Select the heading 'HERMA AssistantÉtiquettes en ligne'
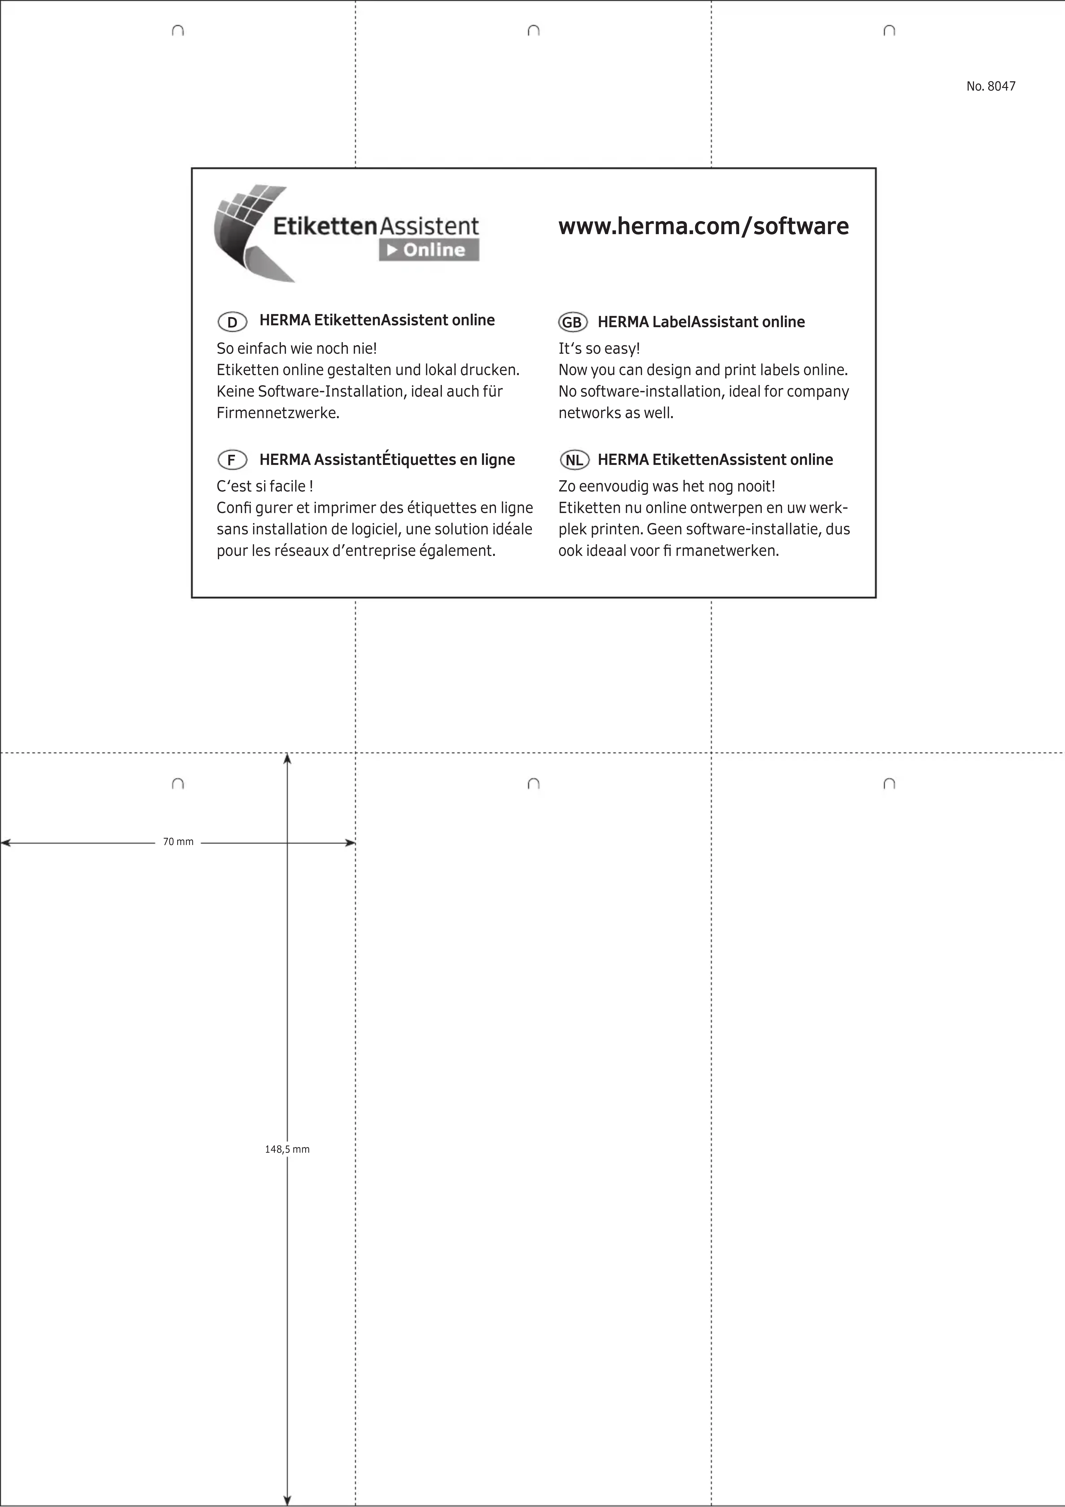coord(387,459)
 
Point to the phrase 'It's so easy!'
coord(599,348)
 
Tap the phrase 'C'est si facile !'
coord(265,486)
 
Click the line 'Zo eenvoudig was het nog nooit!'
coord(666,486)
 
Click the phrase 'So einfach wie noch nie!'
coord(297,348)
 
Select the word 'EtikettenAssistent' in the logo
coord(376,226)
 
